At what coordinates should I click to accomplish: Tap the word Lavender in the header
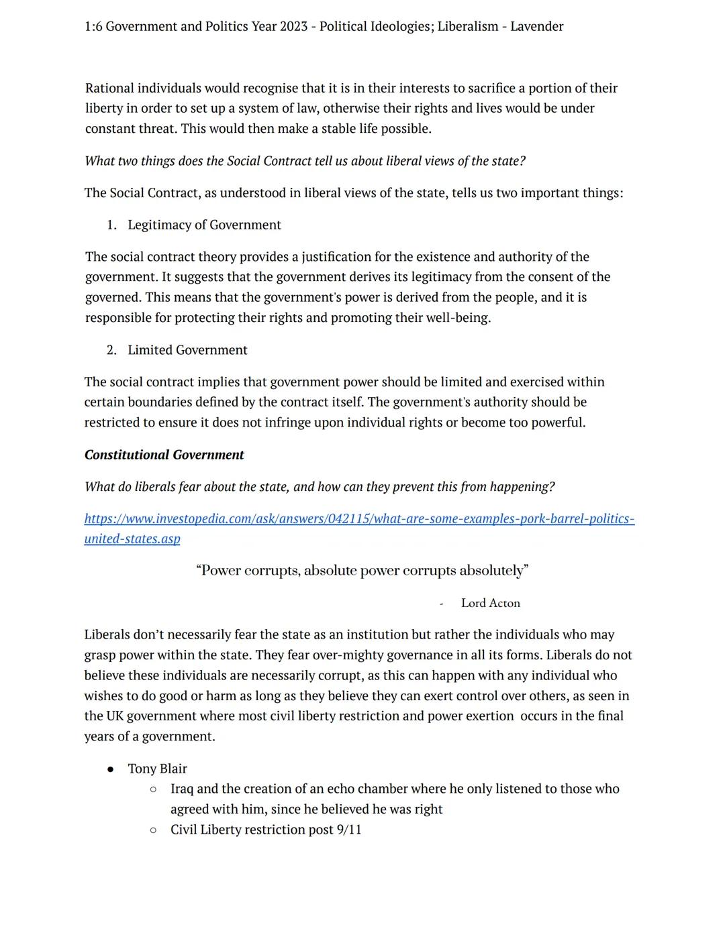tap(536, 27)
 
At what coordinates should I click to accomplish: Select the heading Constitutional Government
tap(164, 455)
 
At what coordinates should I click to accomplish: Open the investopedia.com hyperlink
tap(359, 519)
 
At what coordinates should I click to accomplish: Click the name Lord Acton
tap(490, 603)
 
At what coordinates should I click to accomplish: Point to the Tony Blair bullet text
tap(157, 769)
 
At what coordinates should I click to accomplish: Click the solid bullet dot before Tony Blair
tap(111, 769)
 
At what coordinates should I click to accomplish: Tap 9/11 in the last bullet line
tap(349, 830)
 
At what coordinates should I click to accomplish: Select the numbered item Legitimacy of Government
tap(204, 225)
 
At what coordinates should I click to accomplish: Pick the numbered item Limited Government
tap(187, 350)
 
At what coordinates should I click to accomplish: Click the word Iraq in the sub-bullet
tap(183, 789)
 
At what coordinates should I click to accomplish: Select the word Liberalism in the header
tap(468, 27)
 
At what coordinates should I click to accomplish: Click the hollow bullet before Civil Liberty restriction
tap(153, 830)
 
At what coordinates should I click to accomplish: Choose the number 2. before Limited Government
tap(111, 350)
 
